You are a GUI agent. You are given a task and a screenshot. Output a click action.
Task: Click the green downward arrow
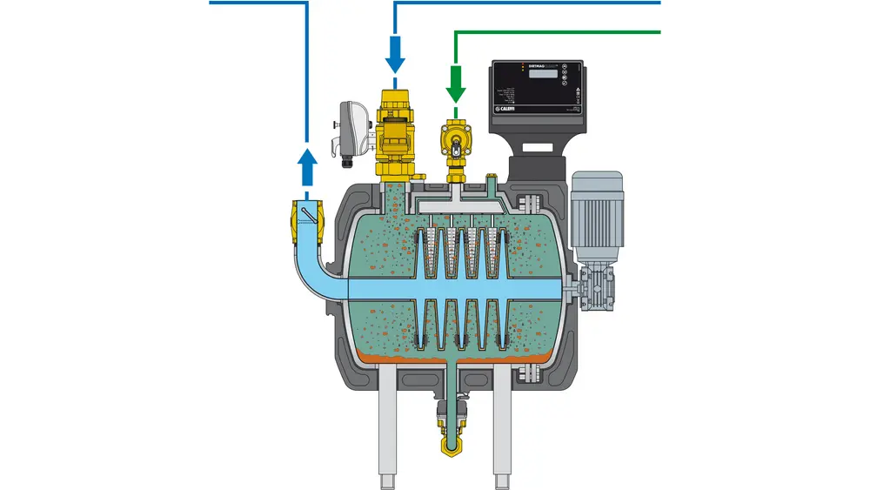coord(454,85)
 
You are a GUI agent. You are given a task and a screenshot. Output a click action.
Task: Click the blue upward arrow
coord(306,166)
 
